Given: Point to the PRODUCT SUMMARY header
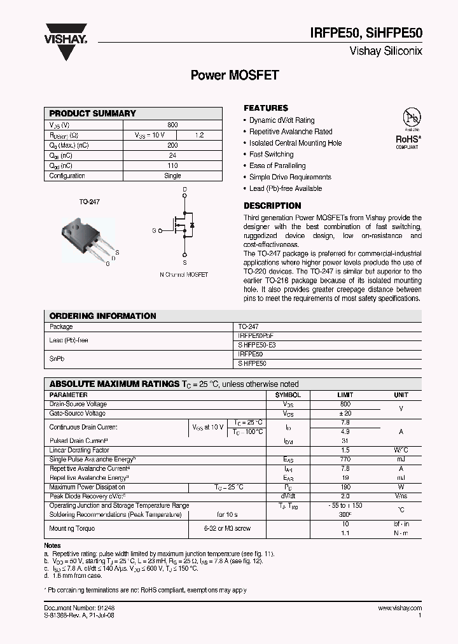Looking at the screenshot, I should click(93, 113).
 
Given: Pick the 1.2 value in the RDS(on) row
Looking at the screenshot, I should click(199, 136).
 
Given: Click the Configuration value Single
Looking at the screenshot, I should click(172, 176).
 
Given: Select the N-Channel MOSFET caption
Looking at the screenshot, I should click(184, 275).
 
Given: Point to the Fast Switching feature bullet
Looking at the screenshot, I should click(271, 154).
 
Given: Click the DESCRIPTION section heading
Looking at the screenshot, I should click(272, 206).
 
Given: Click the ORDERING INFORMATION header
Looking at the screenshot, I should click(102, 316).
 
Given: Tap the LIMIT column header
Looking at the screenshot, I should click(345, 395).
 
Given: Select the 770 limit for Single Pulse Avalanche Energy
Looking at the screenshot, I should click(345, 459).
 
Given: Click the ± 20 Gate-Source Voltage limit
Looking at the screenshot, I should click(345, 414).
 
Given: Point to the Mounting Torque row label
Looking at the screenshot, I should click(72, 528).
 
